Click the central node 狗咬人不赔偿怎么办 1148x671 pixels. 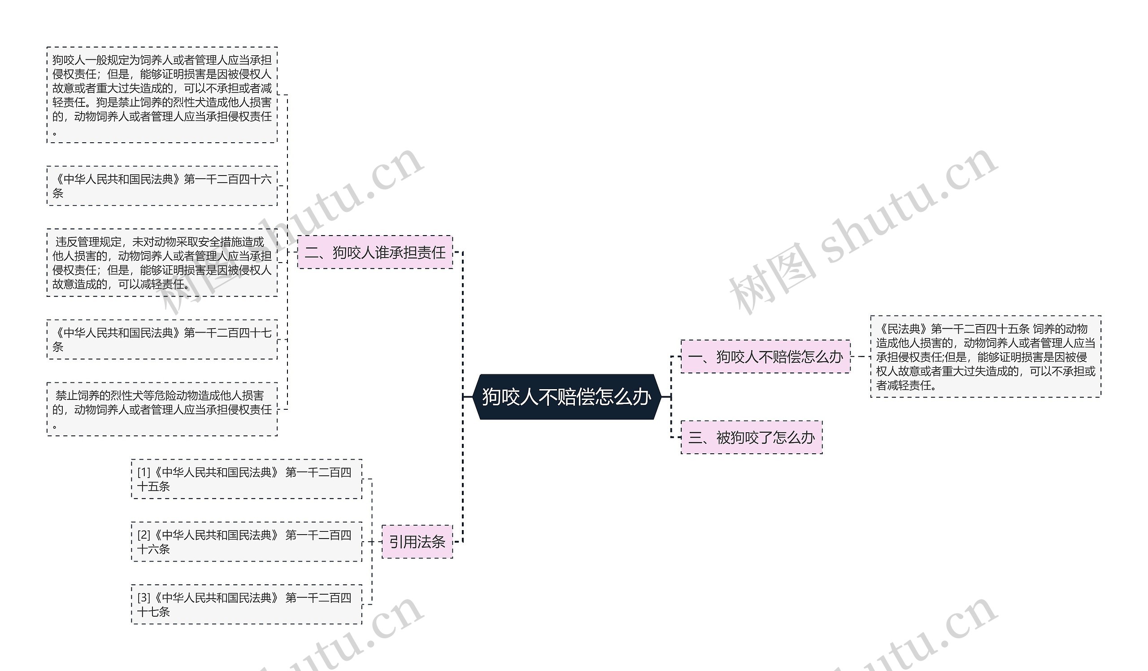pyautogui.click(x=567, y=397)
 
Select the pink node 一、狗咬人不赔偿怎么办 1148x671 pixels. pyautogui.click(x=765, y=356)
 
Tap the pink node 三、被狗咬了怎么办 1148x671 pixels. pyautogui.click(x=751, y=438)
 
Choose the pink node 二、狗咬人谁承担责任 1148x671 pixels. pyautogui.click(x=375, y=252)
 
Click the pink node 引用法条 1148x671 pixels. pyautogui.click(x=417, y=542)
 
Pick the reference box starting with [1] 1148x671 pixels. pyautogui.click(x=247, y=479)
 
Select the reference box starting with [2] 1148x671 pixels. pyautogui.click(x=247, y=542)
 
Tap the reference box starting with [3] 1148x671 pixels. pyautogui.click(x=247, y=605)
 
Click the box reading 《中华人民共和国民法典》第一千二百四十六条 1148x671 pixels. pyautogui.click(x=162, y=186)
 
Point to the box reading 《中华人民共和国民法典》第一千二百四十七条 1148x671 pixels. pyautogui.click(x=162, y=340)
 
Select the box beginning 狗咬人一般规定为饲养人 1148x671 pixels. pyautogui.click(x=162, y=95)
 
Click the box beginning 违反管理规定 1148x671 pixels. pyautogui.click(x=162, y=263)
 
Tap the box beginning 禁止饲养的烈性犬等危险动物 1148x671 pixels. pyautogui.click(x=162, y=409)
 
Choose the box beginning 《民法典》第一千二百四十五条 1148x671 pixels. pyautogui.click(x=985, y=356)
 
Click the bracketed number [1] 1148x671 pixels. pyautogui.click(x=143, y=473)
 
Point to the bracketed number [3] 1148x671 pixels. pyautogui.click(x=143, y=597)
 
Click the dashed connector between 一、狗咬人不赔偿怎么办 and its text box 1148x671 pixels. pyautogui.click(x=860, y=356)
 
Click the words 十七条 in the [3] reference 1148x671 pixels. pyautogui.click(x=153, y=612)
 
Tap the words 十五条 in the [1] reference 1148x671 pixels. pyautogui.click(x=153, y=487)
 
